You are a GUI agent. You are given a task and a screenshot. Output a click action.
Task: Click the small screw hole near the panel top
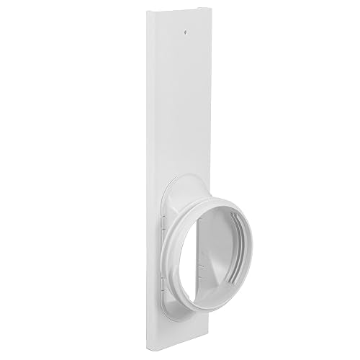click(x=185, y=32)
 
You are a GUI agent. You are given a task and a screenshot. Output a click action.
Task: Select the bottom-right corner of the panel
click(x=215, y=348)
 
